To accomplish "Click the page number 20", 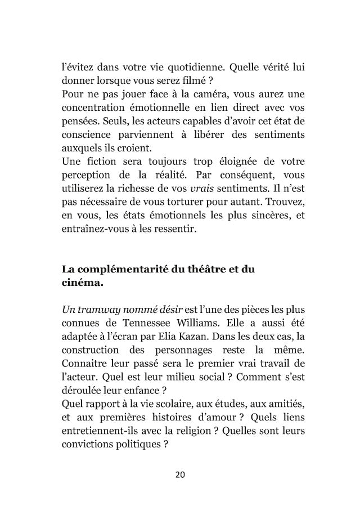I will point(180,474).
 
